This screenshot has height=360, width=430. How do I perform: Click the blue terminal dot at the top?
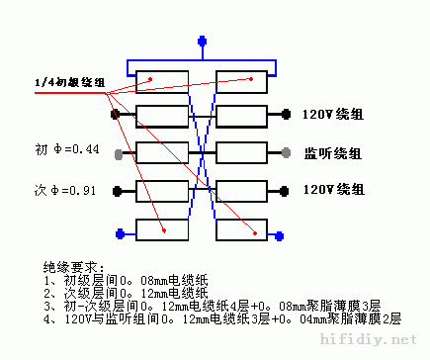point(204,42)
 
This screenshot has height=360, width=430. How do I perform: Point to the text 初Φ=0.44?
point(67,150)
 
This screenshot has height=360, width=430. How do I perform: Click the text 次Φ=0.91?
point(67,188)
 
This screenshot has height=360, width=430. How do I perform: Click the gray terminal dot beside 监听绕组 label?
point(286,153)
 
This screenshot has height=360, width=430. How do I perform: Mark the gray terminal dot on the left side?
point(119,153)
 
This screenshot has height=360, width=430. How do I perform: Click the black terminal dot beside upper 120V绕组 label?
point(286,114)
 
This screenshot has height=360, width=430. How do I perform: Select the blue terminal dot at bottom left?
point(119,233)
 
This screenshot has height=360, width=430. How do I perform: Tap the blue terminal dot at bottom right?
point(285,233)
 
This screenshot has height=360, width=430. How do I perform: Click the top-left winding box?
point(162,81)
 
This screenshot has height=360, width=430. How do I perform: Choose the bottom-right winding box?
point(242,229)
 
